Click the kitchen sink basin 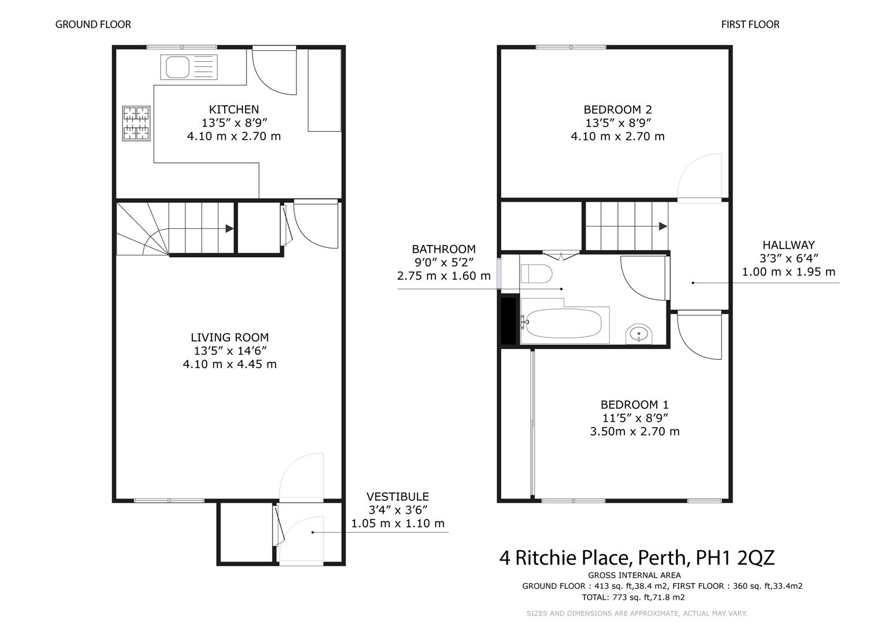[177, 67]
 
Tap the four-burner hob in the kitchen [136, 123]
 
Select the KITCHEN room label [234, 109]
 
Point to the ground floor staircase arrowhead [229, 228]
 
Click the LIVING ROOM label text [229, 337]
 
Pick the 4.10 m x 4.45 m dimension [229, 364]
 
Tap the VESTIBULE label [398, 496]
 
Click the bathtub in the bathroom [564, 323]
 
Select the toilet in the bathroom [536, 274]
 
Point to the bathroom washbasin [639, 334]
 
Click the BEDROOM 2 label [618, 109]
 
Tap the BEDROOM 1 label [635, 404]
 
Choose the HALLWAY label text [788, 245]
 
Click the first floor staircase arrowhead [663, 226]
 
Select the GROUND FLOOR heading [93, 24]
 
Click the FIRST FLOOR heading [750, 24]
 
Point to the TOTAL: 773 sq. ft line [633, 597]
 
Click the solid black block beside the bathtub [508, 321]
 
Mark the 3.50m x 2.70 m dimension [635, 432]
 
